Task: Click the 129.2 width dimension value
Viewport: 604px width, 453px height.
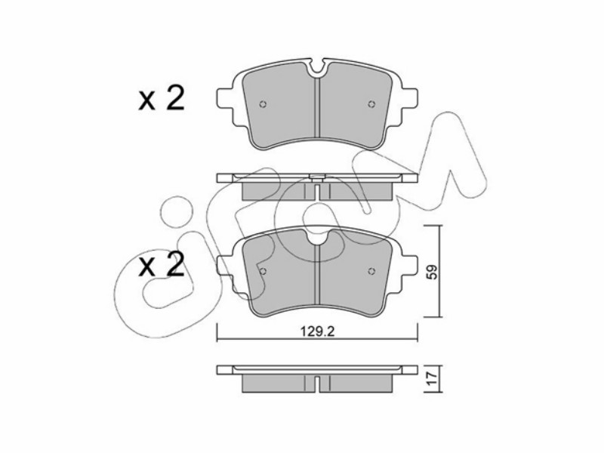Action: [317, 331]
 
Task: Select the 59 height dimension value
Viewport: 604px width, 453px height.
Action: [433, 272]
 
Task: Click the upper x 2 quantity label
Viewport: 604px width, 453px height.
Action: [162, 99]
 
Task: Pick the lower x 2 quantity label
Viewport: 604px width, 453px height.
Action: [162, 265]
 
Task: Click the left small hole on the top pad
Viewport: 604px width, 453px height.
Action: [263, 103]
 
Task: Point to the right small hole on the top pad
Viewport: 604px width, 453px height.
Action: [371, 103]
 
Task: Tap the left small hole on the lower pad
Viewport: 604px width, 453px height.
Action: [263, 271]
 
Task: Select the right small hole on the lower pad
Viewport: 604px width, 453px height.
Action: [371, 271]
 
